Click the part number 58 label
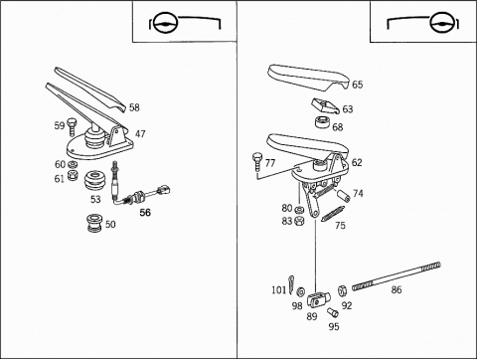(x=134, y=107)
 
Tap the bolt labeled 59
(x=72, y=126)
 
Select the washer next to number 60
(x=73, y=164)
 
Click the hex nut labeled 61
(x=73, y=175)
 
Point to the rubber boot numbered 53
(x=94, y=181)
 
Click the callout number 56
(x=145, y=213)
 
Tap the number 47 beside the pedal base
(x=140, y=134)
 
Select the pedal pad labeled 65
(x=308, y=78)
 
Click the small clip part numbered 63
(x=325, y=106)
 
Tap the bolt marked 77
(x=257, y=161)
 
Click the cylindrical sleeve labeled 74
(x=344, y=195)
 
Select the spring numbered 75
(x=333, y=213)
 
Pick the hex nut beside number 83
(x=299, y=221)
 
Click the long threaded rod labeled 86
(x=397, y=276)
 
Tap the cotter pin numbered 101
(x=291, y=284)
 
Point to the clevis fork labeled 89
(x=318, y=299)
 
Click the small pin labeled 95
(x=332, y=312)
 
